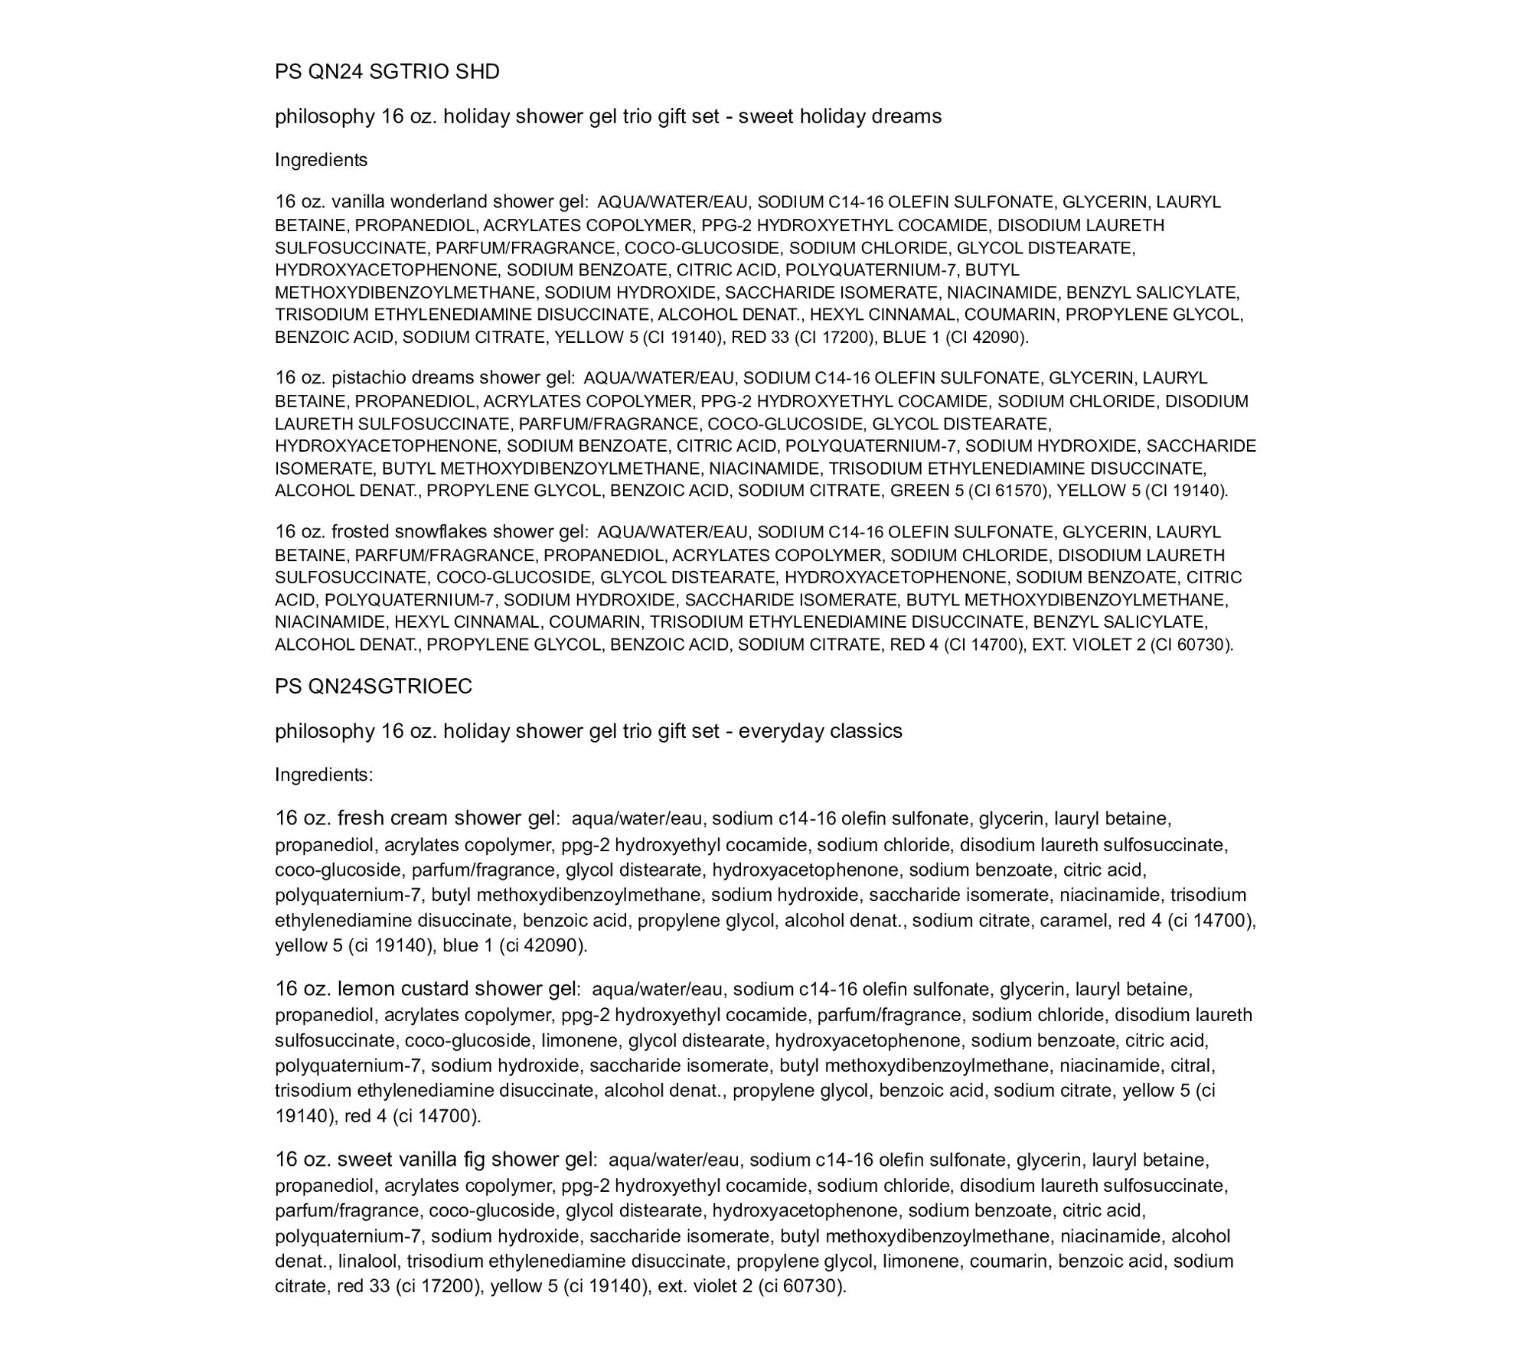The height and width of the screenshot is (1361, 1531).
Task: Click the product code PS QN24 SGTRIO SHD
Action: pyautogui.click(x=387, y=71)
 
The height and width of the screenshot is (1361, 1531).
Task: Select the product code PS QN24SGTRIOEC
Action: pyautogui.click(x=374, y=687)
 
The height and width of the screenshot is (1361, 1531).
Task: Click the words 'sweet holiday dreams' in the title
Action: pyautogui.click(x=840, y=116)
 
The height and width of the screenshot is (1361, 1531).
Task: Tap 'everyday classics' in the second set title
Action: pyautogui.click(x=820, y=731)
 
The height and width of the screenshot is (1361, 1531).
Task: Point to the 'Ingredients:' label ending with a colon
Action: pyautogui.click(x=324, y=775)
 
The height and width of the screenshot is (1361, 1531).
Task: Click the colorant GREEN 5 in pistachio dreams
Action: pyautogui.click(x=926, y=491)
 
